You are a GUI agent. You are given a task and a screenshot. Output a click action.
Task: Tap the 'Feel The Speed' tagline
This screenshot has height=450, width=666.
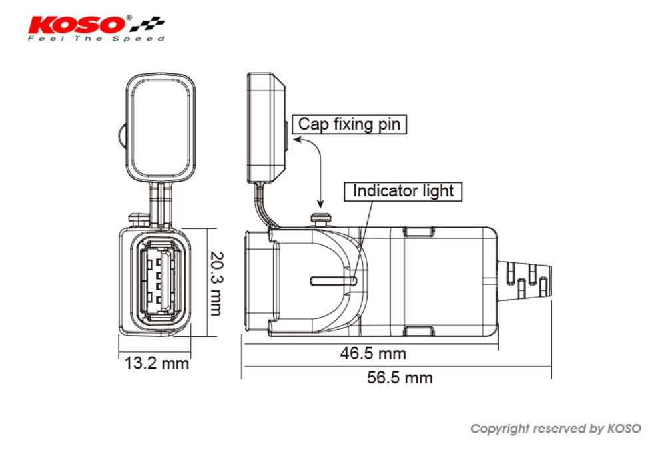click(x=96, y=39)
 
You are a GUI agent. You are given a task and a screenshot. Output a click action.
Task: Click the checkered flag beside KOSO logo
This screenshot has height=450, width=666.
click(x=147, y=25)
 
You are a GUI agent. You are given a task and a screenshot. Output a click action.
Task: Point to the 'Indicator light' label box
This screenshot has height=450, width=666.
click(x=403, y=191)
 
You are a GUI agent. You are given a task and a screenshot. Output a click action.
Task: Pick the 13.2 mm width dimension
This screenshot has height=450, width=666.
click(x=157, y=363)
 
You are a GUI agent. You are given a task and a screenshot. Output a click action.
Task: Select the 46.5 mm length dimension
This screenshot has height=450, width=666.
click(x=373, y=353)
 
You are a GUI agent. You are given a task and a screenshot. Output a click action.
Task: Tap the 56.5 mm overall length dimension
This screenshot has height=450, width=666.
click(x=400, y=378)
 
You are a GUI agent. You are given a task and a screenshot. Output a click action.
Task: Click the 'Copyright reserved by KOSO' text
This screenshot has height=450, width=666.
click(x=555, y=429)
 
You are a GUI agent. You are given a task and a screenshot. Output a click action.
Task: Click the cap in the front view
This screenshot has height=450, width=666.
click(x=162, y=128)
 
